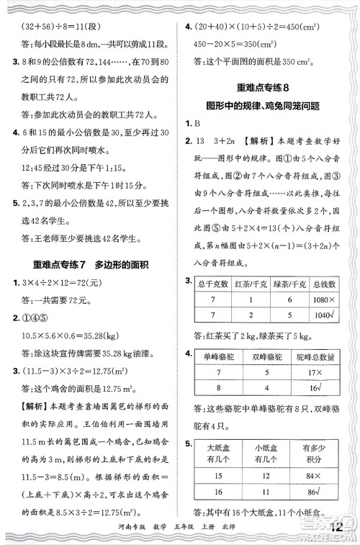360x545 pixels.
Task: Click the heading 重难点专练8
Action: point(267,87)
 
